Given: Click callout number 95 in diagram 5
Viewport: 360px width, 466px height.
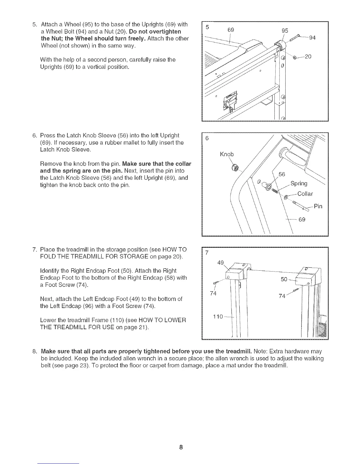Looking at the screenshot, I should (x=285, y=30).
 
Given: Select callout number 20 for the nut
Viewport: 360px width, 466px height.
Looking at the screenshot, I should (x=308, y=56).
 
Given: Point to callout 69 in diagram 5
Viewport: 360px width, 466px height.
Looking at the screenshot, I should (x=231, y=30).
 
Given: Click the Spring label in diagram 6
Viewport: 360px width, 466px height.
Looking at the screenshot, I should (x=299, y=184).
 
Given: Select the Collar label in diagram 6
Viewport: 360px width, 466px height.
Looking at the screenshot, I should (x=305, y=194).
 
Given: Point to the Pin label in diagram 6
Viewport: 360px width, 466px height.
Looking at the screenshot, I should (x=318, y=206).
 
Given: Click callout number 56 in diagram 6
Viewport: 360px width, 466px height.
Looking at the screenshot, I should (x=281, y=174).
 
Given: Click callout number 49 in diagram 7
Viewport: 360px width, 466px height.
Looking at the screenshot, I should (x=220, y=263).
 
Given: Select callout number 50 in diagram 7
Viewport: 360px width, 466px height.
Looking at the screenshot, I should (x=284, y=279).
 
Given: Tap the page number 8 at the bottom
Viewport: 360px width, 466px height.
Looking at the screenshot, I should (x=181, y=448).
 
